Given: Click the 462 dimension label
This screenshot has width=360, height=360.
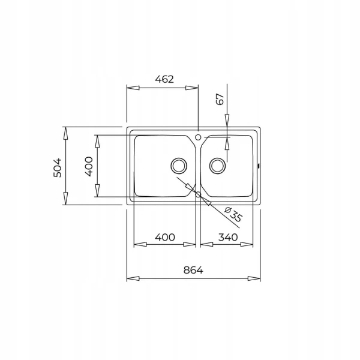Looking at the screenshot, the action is pyautogui.click(x=164, y=79).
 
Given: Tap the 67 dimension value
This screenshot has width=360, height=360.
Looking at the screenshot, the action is pyautogui.click(x=220, y=99).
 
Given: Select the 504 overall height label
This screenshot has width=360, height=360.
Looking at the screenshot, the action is pyautogui.click(x=58, y=167).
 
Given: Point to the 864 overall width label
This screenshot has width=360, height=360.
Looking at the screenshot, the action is pyautogui.click(x=193, y=270).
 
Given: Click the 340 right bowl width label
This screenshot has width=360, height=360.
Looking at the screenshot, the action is pyautogui.click(x=228, y=237).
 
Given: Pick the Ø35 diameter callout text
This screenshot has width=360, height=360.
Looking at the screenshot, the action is pyautogui.click(x=233, y=215).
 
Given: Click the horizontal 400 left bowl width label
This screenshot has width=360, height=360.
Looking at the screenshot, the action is pyautogui.click(x=165, y=237).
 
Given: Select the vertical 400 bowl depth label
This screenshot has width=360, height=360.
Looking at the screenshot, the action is pyautogui.click(x=89, y=166).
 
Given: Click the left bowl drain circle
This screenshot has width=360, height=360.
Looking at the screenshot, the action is pyautogui.click(x=179, y=166).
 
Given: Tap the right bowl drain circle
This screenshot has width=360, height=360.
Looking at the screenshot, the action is pyautogui.click(x=217, y=166).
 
